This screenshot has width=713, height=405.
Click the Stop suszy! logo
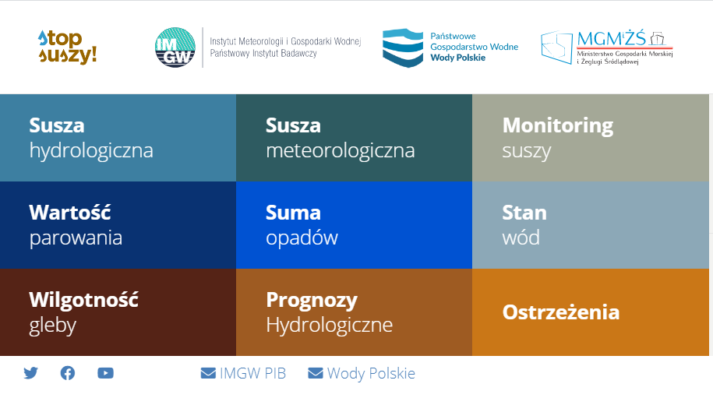pos(67,47)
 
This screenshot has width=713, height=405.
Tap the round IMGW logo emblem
pos(175,48)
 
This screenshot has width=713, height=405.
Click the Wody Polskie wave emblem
pos(403,48)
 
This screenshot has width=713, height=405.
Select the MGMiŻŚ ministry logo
pos(606,48)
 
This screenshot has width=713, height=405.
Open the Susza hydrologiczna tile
pos(118,138)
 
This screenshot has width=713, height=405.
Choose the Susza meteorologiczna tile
pos(355,138)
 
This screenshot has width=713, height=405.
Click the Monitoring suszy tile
pos(591,138)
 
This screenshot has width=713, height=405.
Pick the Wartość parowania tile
pos(118,225)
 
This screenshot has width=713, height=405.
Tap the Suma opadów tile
pos(355,225)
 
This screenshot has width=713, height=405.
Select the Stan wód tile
pos(591,225)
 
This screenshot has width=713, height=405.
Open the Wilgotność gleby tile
pos(118,312)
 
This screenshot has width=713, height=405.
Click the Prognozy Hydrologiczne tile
pos(355,312)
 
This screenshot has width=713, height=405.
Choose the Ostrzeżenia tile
pos(591,312)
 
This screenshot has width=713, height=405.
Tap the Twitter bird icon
pos(30,373)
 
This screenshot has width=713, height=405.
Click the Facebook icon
pos(68,373)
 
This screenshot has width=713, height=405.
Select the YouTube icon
pos(105,373)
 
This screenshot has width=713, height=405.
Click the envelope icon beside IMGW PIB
pos(208,373)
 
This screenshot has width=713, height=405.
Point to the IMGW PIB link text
pos(252,373)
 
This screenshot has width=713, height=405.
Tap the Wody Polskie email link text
pos(371,374)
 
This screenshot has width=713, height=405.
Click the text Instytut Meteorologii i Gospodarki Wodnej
pos(285,41)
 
